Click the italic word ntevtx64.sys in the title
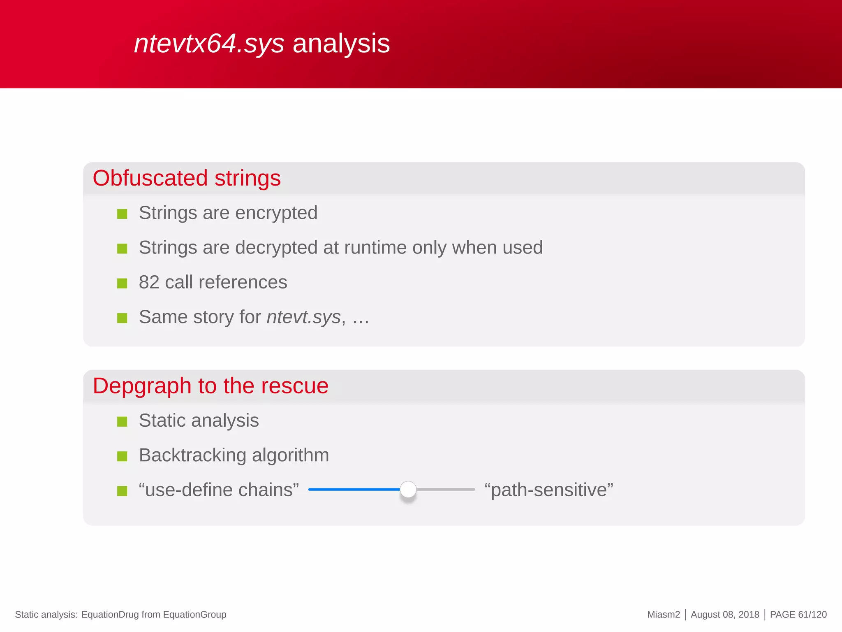[x=209, y=44]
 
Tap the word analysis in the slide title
[x=341, y=44]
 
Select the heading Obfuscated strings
[x=187, y=178]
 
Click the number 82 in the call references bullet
[x=149, y=282]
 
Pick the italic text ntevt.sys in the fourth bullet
[x=304, y=317]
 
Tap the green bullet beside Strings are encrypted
[x=122, y=214]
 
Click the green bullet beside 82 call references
[x=122, y=283]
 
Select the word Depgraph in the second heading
[x=142, y=386]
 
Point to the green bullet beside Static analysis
[x=122, y=422]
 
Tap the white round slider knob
[x=408, y=490]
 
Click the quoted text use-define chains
[x=219, y=490]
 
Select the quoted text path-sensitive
[x=549, y=490]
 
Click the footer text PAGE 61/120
[x=798, y=615]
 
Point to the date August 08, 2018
[x=725, y=615]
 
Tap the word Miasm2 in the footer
[x=664, y=615]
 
